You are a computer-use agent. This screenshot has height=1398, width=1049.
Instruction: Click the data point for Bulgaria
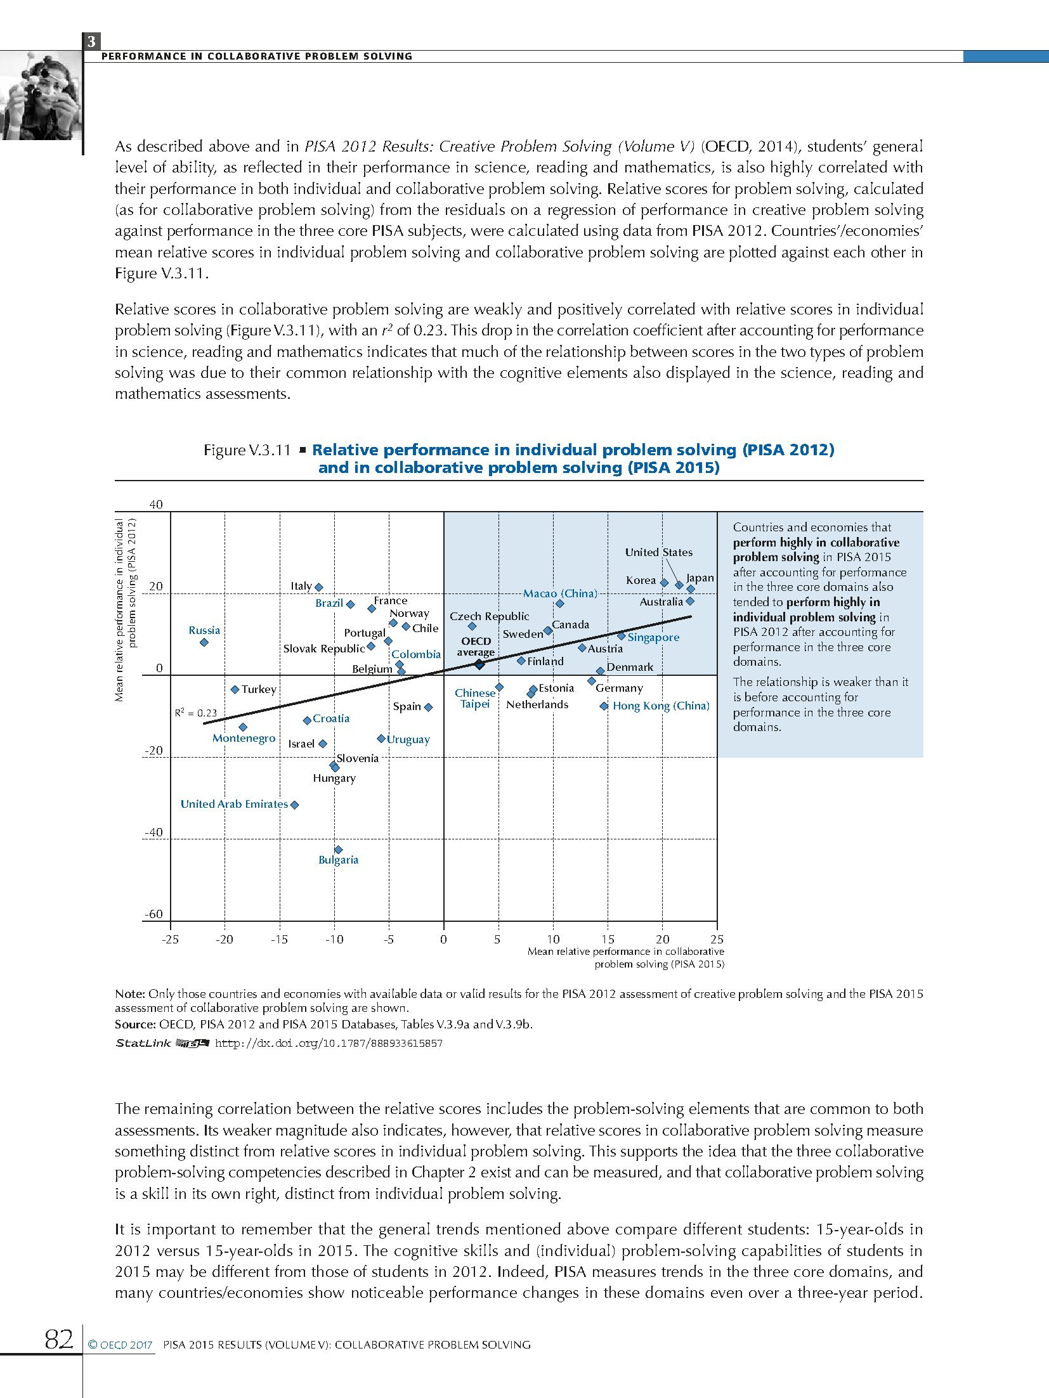338,850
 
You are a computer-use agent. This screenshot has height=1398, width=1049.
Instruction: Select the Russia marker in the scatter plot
204,642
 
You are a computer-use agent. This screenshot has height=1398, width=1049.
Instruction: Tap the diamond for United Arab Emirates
294,805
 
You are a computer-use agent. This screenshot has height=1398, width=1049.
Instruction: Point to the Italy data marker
319,587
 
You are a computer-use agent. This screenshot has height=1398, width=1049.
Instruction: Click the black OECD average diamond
479,664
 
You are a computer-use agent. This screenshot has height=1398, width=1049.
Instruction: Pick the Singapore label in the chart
653,637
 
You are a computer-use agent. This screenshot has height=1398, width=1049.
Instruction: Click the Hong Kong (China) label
661,706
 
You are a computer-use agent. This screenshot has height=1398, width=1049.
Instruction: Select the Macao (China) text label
560,593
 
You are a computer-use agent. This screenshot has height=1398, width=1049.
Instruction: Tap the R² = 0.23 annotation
196,713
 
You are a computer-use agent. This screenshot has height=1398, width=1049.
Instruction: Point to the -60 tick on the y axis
153,914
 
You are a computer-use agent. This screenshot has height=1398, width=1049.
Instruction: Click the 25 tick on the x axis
717,939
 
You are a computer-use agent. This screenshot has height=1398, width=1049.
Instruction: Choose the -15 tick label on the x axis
279,939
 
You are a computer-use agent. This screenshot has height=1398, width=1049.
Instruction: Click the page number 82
59,1340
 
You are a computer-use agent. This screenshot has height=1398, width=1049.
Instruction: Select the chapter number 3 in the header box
92,42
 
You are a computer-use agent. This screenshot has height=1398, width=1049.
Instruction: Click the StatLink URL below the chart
329,1043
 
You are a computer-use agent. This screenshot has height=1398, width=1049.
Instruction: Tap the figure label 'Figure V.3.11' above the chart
247,450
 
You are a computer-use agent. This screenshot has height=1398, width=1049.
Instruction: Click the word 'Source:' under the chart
135,1024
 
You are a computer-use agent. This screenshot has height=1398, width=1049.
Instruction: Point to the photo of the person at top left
40,96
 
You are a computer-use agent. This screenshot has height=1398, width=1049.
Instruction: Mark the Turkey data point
235,689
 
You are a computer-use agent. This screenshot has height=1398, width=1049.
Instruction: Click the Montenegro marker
243,727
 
